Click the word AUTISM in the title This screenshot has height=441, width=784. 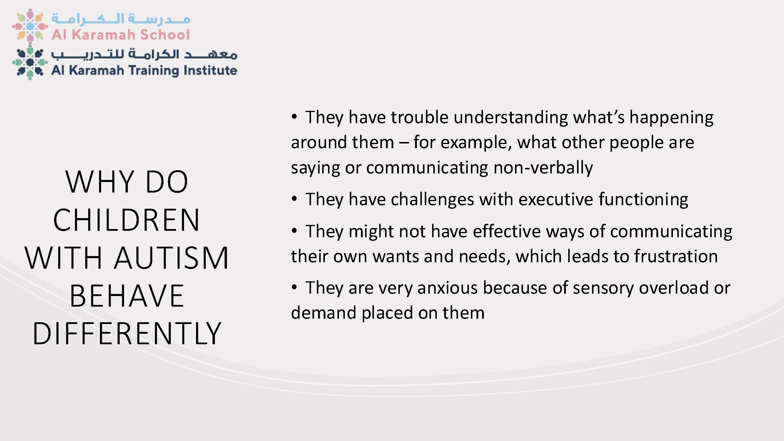click(171, 258)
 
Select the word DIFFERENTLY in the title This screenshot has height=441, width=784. click(127, 334)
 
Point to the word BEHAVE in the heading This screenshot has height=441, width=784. click(127, 295)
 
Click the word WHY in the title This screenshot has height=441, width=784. click(100, 182)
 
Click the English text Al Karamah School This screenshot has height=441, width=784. click(121, 35)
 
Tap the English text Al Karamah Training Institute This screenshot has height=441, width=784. click(144, 71)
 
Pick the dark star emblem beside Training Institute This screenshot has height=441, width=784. click(30, 63)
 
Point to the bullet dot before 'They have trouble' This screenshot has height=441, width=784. click(294, 117)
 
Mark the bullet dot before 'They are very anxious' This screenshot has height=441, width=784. click(294, 287)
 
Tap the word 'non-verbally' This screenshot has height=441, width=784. click(543, 168)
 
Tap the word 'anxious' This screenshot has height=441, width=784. click(447, 288)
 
